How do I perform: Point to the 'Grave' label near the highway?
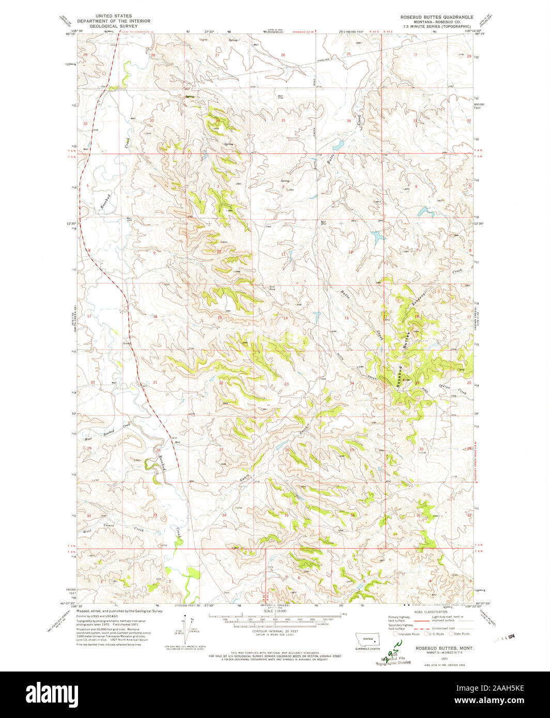126,344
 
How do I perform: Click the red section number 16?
155,316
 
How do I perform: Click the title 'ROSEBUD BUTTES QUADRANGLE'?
437,17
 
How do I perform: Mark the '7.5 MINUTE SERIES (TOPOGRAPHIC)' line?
437,26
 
